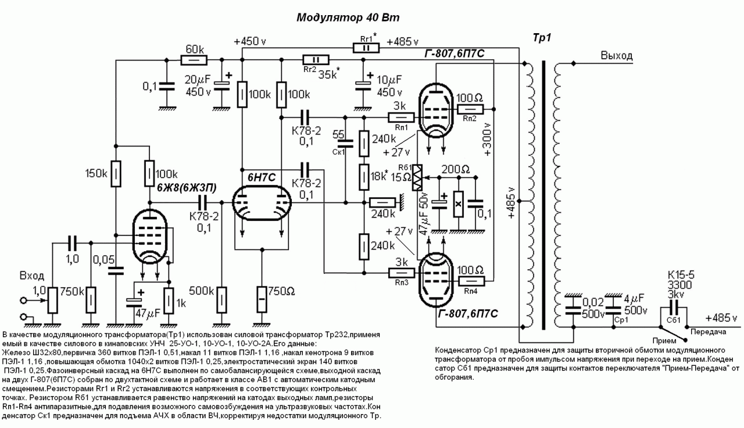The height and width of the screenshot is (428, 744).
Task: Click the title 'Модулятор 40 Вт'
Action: click(x=348, y=17)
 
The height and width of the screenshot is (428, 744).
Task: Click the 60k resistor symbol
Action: click(x=194, y=60)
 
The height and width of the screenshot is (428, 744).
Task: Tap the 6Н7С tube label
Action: click(x=262, y=177)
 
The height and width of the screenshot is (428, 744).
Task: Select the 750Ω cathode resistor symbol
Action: click(x=262, y=299)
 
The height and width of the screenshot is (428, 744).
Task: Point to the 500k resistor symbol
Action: click(x=221, y=300)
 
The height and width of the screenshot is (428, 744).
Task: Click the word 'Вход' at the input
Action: click(x=32, y=276)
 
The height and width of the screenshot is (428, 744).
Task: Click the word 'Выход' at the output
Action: click(x=617, y=55)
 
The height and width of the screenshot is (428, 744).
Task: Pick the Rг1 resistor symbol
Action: click(x=366, y=48)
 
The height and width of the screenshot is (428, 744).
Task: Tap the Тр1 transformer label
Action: click(x=542, y=38)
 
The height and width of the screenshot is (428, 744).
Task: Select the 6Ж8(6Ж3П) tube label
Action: click(x=187, y=188)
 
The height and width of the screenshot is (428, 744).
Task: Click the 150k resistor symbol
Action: click(x=116, y=173)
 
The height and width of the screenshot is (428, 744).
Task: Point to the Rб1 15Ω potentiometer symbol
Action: click(x=417, y=178)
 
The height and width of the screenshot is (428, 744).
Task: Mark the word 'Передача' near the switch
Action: click(x=708, y=332)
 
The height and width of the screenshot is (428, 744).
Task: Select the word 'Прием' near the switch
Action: click(x=664, y=341)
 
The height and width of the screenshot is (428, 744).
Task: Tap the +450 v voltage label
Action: click(x=250, y=41)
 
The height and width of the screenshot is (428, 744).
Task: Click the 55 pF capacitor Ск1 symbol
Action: click(x=345, y=144)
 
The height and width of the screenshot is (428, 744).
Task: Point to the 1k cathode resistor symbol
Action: click(x=169, y=301)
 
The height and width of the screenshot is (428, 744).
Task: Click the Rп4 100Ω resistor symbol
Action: click(x=471, y=281)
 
